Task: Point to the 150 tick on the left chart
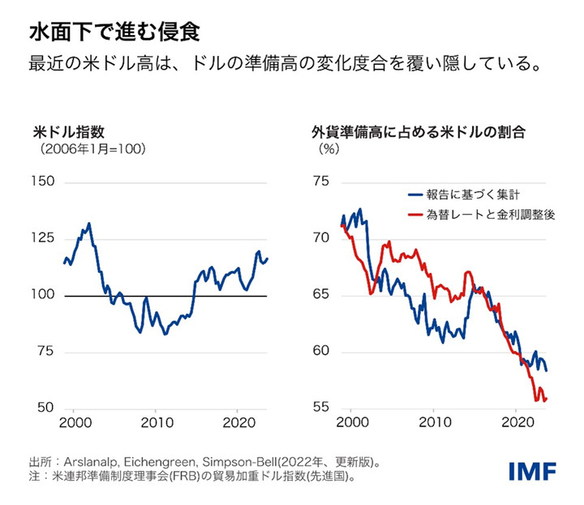point(44,181)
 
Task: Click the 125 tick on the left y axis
point(44,238)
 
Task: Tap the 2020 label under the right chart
point(517,422)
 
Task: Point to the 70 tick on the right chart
point(320,238)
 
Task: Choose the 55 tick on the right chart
point(320,407)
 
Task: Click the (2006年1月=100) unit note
point(75,150)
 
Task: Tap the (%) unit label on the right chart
point(328,148)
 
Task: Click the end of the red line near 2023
point(546,398)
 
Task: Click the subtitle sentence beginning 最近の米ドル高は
point(285,63)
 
